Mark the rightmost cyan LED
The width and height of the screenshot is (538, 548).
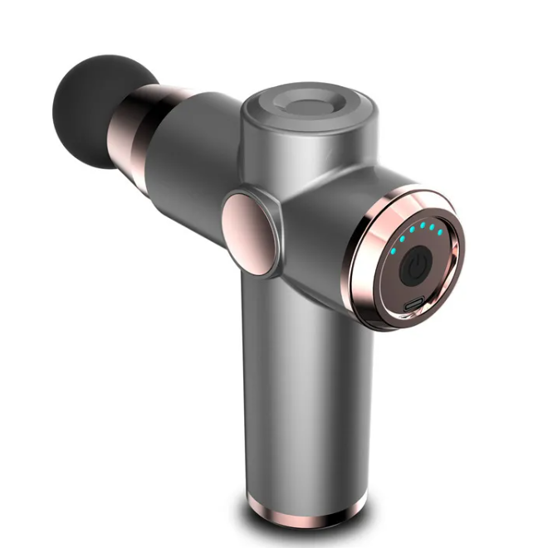pyautogui.click(x=440, y=232)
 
